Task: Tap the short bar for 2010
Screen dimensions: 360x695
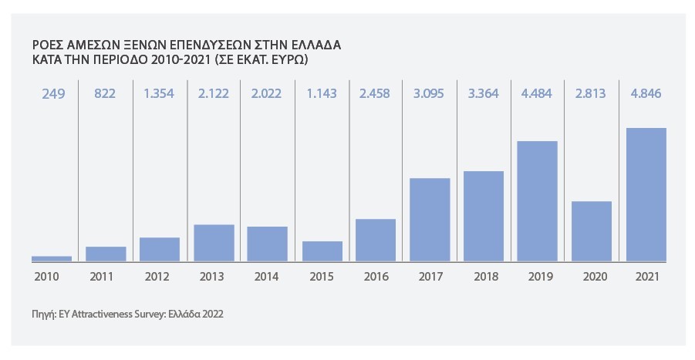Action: coord(52,258)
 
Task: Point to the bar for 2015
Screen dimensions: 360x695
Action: coord(322,251)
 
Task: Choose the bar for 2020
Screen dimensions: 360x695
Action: coord(592,231)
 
